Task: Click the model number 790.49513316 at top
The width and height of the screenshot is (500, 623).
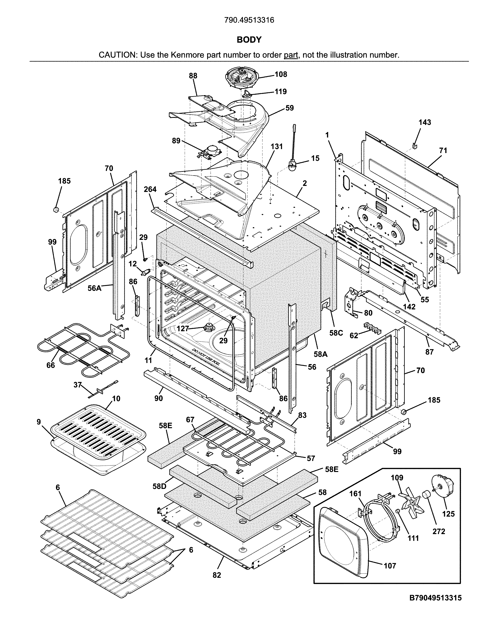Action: (249, 20)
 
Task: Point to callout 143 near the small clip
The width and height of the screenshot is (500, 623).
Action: (425, 122)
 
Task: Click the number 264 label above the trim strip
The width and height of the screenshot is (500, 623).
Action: (150, 189)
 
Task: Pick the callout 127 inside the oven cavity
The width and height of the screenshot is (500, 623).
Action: (182, 329)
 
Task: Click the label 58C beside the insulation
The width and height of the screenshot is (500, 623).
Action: (336, 333)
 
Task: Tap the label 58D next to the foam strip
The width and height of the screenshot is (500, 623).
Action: (159, 486)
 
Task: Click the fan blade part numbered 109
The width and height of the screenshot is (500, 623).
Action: (411, 503)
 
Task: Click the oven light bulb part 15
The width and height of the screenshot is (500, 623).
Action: (293, 168)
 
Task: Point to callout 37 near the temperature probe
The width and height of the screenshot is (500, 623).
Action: (77, 385)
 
